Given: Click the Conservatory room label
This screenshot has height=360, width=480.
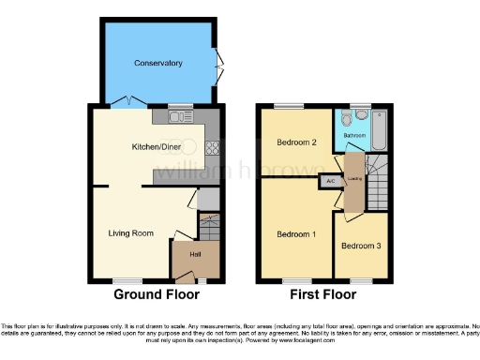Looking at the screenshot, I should [157, 63].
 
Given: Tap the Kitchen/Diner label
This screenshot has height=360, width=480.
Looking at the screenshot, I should [155, 146].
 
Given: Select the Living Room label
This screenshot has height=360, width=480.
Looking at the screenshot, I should [131, 232].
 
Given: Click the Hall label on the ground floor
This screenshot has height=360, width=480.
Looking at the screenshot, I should [196, 254].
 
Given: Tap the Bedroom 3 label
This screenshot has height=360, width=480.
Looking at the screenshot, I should [361, 247].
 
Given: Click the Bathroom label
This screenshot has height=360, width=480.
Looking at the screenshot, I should [354, 136].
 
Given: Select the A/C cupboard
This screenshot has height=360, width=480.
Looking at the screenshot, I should [331, 180].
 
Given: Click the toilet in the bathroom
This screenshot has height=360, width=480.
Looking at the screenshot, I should [347, 119].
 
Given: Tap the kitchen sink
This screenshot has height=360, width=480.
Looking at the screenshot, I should [179, 117].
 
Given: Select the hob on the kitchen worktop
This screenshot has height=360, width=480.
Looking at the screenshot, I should [212, 147].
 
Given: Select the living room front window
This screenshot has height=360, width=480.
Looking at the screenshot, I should [125, 279].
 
